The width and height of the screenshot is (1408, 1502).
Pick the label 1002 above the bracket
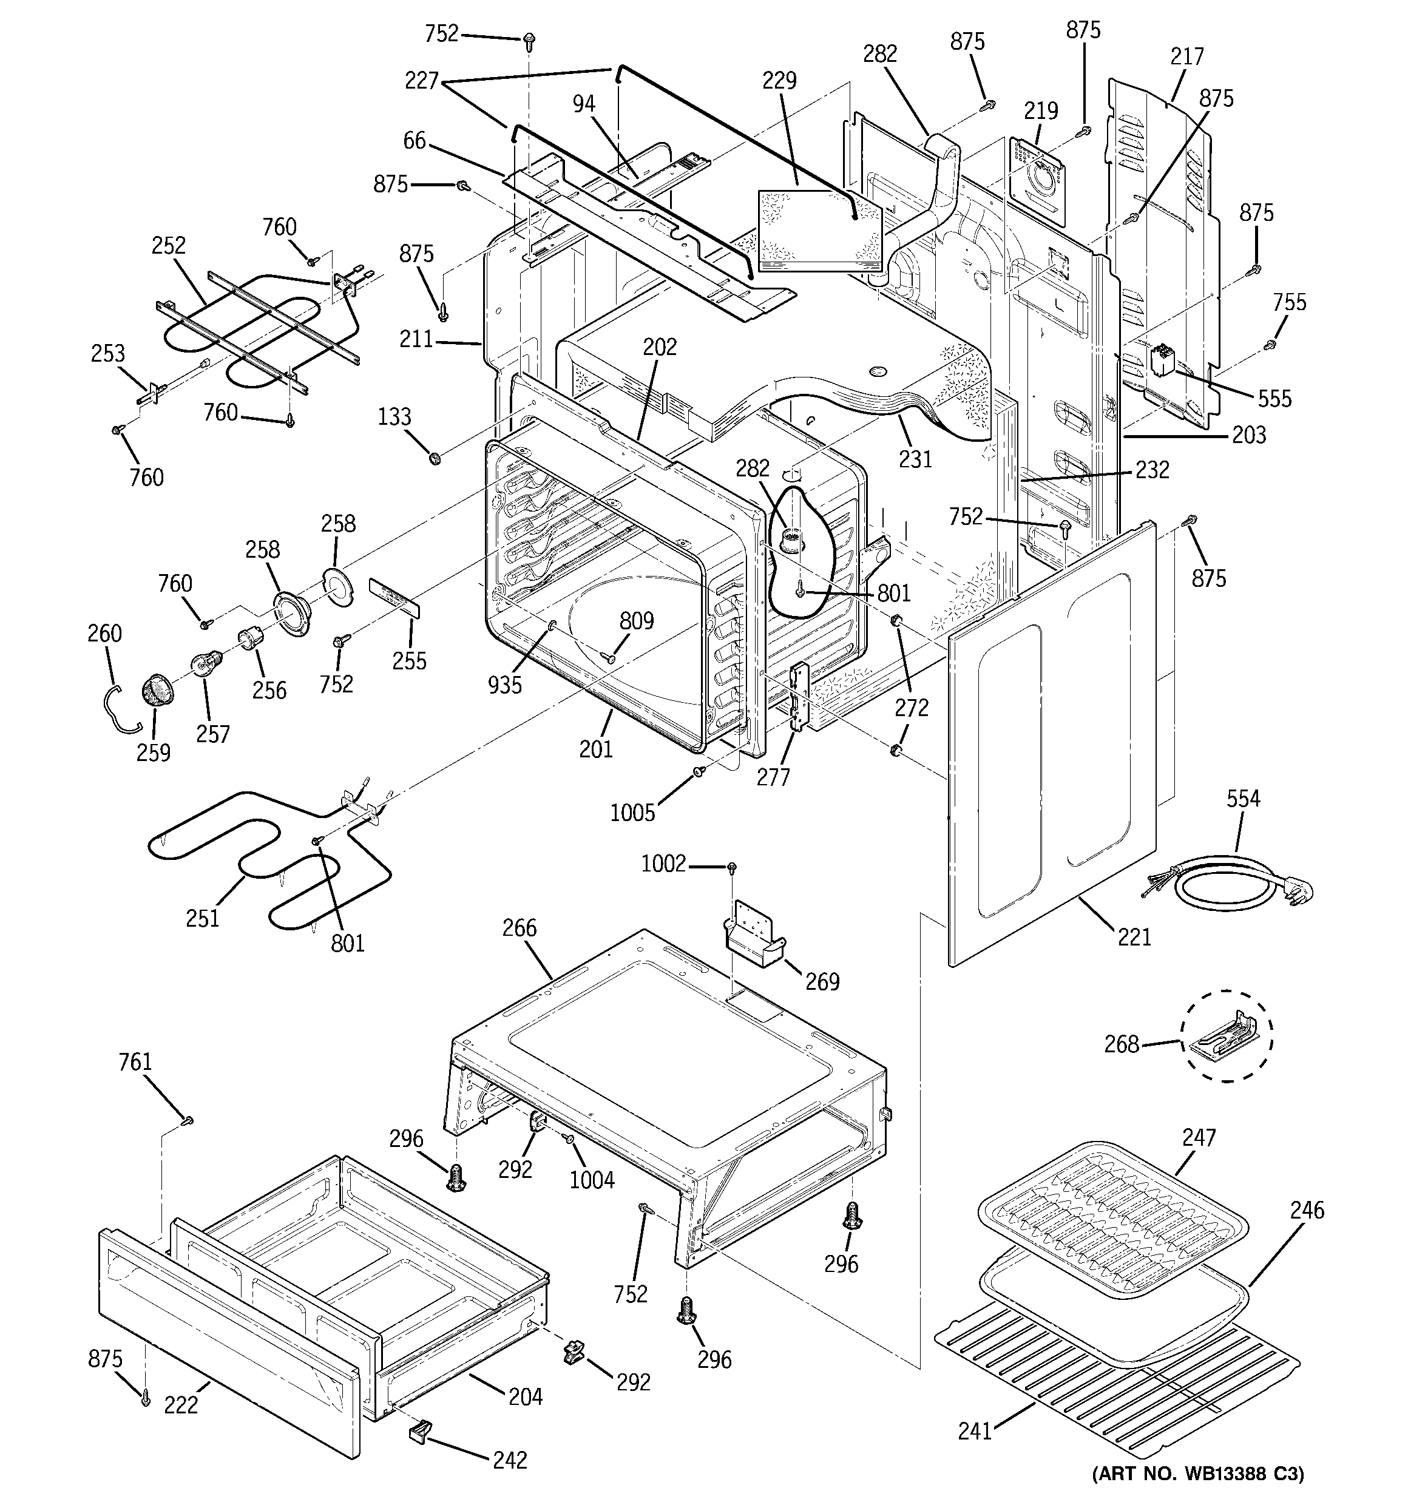point(663,863)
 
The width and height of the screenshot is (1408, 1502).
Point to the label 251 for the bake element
point(203,918)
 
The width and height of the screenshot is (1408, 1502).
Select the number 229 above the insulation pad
point(779,80)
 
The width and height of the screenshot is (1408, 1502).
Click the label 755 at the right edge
point(1288,302)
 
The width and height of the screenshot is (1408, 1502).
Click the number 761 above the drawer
point(135,1062)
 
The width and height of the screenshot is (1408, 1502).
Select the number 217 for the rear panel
point(1186,56)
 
